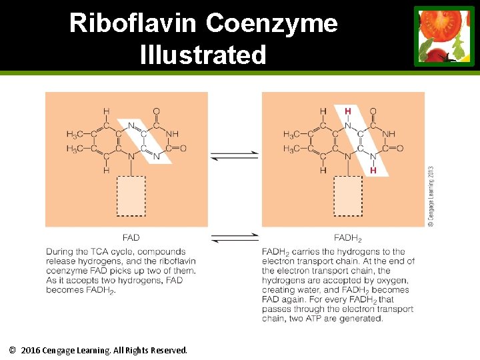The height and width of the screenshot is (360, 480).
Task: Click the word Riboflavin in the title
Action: [133, 23]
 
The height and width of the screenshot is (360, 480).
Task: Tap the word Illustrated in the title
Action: [203, 55]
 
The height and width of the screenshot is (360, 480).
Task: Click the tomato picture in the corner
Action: [444, 36]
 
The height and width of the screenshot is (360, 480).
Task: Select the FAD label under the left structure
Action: [131, 237]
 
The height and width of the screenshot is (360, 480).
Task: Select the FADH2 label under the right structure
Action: [347, 238]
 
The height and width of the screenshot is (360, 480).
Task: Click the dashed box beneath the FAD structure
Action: [131, 196]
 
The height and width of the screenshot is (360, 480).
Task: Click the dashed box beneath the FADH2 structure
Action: [347, 196]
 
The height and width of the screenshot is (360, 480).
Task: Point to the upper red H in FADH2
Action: [347, 111]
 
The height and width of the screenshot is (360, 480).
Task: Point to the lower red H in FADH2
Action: [373, 171]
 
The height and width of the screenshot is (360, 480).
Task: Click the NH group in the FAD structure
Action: [172, 134]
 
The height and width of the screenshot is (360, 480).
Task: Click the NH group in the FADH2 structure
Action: [388, 134]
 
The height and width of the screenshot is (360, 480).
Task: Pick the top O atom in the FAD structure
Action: [156, 111]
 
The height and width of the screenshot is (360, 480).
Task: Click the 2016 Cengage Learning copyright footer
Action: [99, 350]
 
